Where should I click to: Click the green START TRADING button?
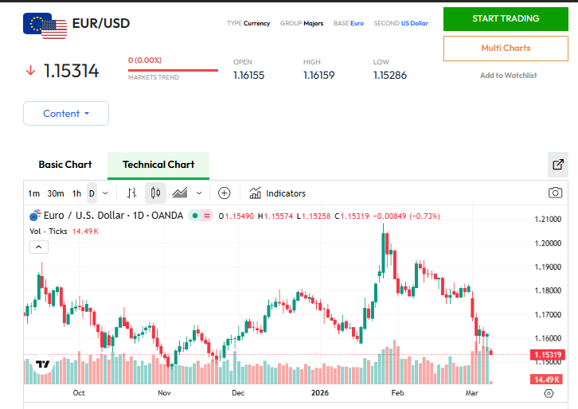506,18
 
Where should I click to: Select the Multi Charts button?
506,48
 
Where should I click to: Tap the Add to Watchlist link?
508,76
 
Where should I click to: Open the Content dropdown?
66,114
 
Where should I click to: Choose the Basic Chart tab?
65,165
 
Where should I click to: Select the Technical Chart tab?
158,165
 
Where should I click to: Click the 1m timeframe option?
33,193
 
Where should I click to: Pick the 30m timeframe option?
56,193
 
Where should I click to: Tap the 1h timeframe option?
76,193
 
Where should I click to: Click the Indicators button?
277,193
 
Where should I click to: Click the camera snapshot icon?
555,193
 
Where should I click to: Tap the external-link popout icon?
558,165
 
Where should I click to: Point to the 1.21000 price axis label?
549,220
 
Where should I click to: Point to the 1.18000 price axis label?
549,291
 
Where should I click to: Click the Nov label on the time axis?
164,393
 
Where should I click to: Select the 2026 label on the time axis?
319,393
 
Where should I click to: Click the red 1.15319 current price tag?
548,355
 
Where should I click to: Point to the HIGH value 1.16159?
318,76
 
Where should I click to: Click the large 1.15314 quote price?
72,71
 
